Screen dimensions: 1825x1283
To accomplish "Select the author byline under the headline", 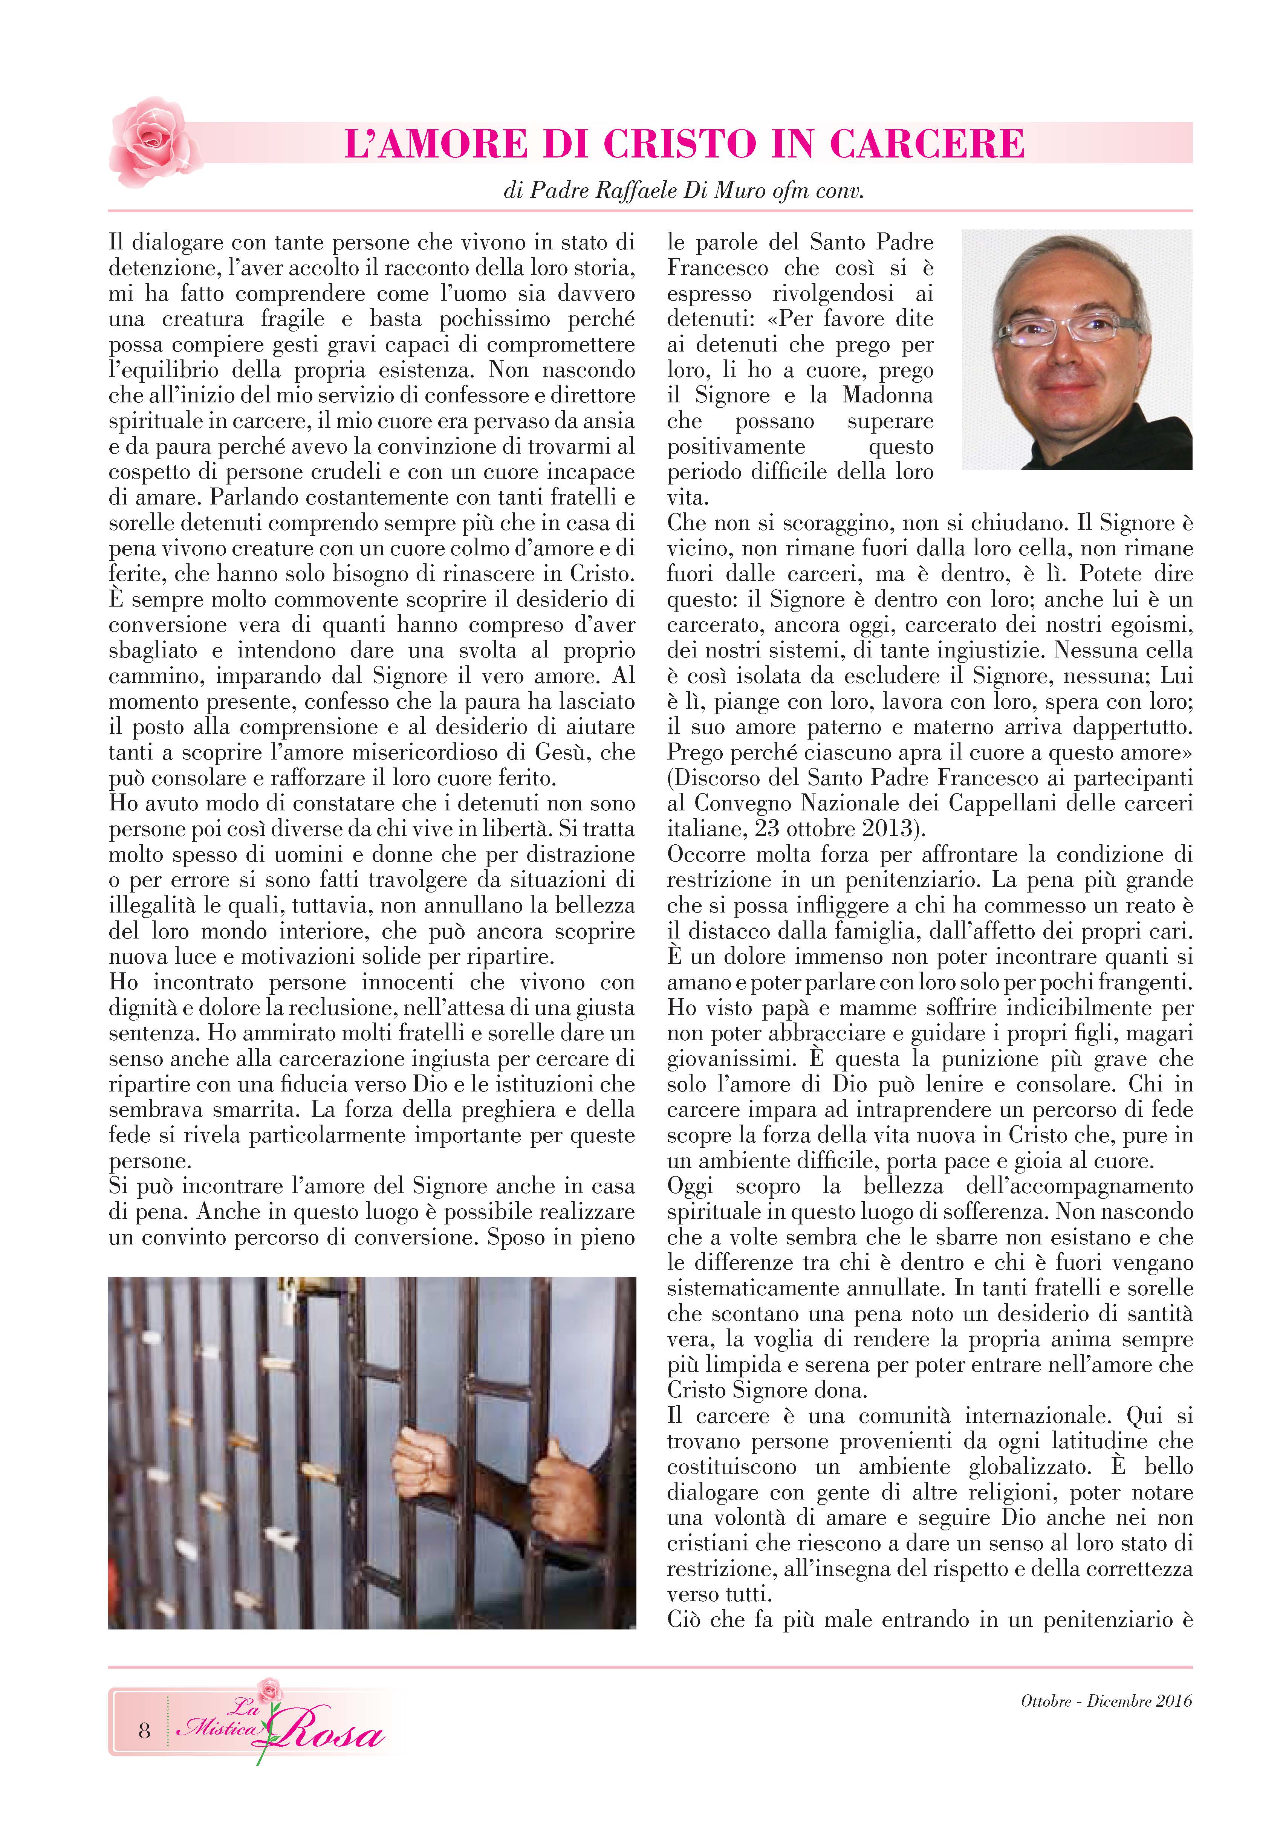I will click(x=684, y=191).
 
